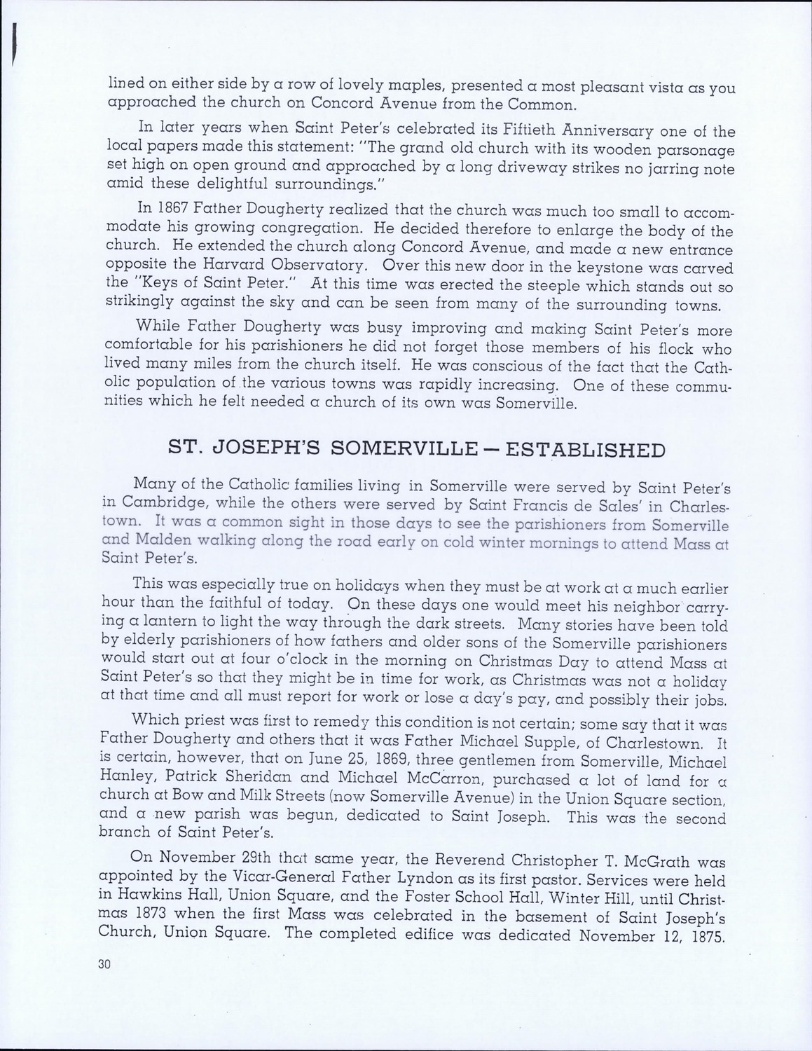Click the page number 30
[x=106, y=963]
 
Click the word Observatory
[x=318, y=267]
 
